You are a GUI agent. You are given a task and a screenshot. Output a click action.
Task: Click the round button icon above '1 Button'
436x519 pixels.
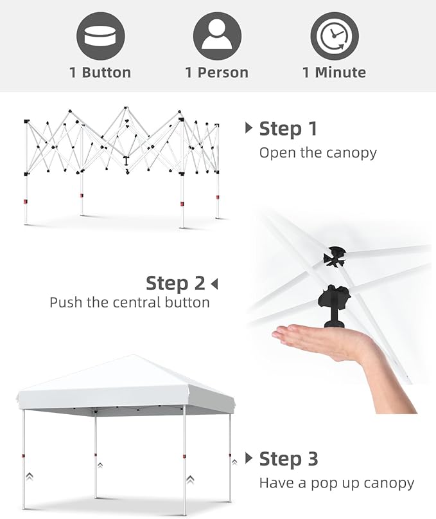[100, 36]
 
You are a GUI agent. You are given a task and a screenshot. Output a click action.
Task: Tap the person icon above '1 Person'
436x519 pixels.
[217, 36]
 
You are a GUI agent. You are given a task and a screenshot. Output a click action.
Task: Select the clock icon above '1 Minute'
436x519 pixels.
[335, 36]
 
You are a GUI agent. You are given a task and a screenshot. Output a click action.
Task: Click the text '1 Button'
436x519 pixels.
[100, 73]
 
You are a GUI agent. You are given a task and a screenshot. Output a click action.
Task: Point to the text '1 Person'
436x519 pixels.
[217, 73]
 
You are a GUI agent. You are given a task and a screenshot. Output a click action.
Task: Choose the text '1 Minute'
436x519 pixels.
[334, 73]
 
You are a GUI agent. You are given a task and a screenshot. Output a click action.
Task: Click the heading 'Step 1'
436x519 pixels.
[288, 129]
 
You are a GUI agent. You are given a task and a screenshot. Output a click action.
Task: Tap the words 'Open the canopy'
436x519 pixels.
[318, 153]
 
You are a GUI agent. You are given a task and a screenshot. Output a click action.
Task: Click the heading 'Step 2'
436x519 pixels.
[175, 284]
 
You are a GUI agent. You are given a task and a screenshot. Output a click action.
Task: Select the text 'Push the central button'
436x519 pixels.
[130, 302]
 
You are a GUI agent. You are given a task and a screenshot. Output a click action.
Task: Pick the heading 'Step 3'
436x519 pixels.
[288, 459]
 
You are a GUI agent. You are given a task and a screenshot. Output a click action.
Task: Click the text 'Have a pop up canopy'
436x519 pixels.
[336, 483]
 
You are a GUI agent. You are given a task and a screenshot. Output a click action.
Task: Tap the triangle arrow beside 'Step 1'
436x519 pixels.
[249, 128]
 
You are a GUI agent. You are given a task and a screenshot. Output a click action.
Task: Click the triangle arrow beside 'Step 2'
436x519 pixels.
[214, 284]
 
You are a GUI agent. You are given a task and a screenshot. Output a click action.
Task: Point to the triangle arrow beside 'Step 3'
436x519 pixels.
[249, 458]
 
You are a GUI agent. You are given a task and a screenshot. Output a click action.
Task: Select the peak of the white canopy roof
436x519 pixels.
[133, 355]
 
